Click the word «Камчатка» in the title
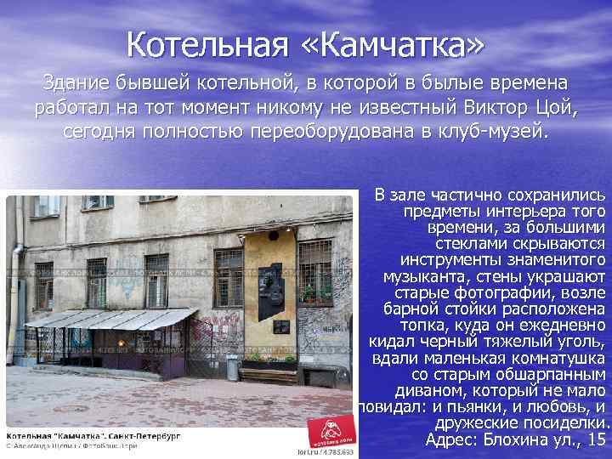407,42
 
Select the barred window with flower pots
315,272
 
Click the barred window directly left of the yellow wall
228,276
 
